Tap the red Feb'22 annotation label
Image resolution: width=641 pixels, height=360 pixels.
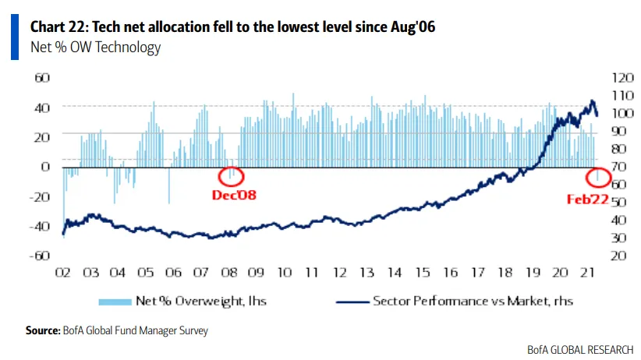click(587, 199)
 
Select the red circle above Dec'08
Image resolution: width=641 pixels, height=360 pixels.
click(232, 175)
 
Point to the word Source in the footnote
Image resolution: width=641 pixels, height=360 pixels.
click(42, 330)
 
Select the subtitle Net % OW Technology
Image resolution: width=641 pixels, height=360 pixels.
click(95, 48)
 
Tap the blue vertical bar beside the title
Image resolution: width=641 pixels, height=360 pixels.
click(15, 37)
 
